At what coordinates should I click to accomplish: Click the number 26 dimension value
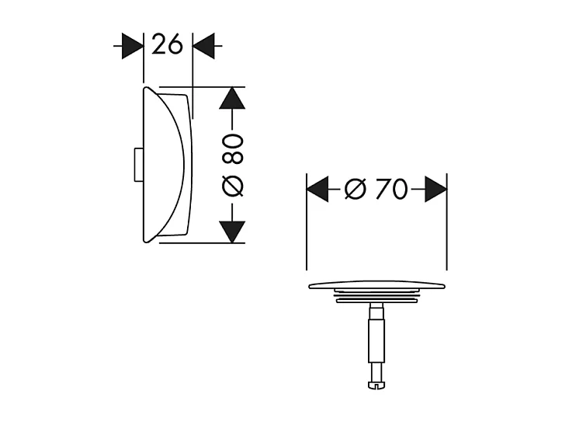click(167, 46)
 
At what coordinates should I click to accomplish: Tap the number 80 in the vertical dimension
click(233, 147)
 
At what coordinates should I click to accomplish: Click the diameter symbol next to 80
click(233, 187)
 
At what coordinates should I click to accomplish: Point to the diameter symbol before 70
click(354, 188)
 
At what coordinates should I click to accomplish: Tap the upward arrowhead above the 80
click(232, 98)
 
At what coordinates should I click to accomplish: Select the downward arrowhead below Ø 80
click(232, 231)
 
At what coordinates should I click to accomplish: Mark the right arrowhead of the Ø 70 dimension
click(435, 188)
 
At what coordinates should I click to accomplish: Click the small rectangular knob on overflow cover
click(137, 164)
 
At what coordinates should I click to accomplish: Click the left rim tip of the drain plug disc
click(310, 286)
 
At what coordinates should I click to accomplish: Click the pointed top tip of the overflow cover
click(145, 89)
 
